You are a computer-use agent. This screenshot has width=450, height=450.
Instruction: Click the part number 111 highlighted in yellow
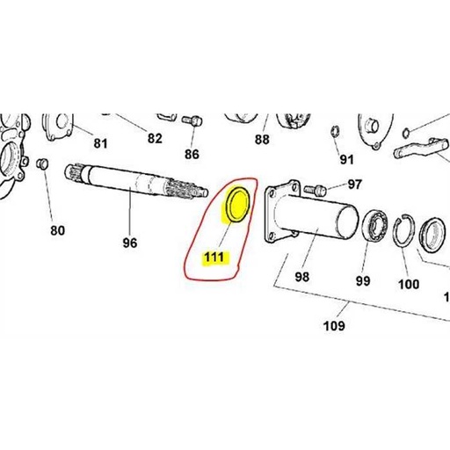tap(214, 258)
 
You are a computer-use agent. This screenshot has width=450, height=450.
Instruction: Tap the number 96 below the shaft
tap(130, 243)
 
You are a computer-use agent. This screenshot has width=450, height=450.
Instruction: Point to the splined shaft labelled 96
tap(135, 180)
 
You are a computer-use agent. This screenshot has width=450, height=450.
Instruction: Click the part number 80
tap(57, 230)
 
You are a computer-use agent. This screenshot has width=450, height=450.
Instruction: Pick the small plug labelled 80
tap(42, 163)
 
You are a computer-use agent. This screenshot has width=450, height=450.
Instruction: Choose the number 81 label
tap(100, 143)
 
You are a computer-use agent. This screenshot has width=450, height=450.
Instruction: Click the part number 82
tap(155, 138)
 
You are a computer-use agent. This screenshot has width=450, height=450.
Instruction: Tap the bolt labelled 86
tap(192, 120)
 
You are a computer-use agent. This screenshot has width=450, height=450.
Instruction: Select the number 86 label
tap(192, 154)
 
